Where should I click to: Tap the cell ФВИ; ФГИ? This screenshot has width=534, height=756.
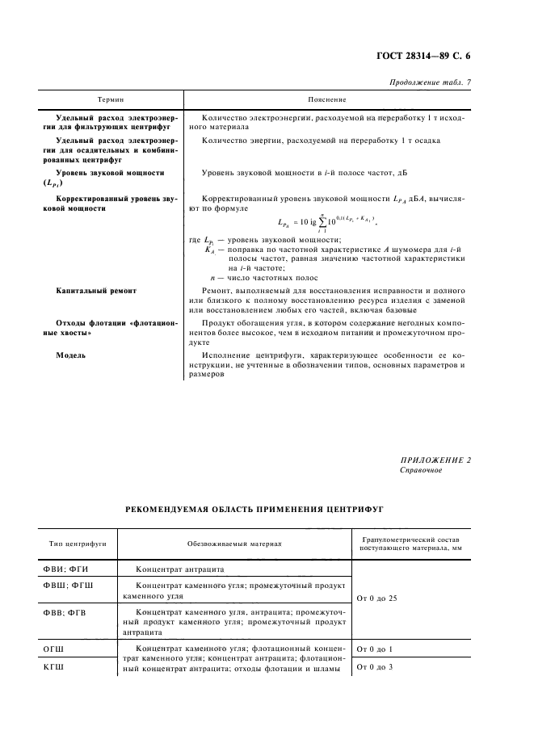coord(65,570)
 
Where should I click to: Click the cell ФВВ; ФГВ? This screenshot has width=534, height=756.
coord(66,614)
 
